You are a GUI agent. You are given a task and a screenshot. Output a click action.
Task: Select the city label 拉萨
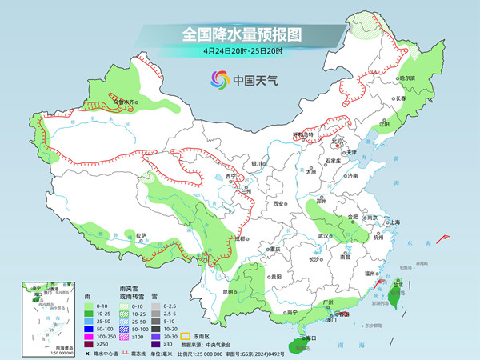[x=142, y=235]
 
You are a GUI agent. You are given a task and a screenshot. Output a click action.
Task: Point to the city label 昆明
[x=230, y=291]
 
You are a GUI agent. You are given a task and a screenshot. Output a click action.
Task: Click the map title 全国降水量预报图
[x=239, y=34]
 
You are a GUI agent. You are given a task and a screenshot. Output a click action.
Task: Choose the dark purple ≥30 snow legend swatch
[x=158, y=345]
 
